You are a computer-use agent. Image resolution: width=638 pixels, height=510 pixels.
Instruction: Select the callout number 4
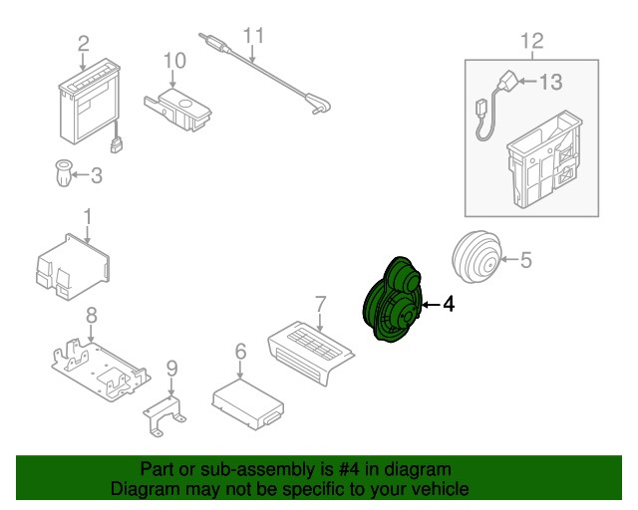[x=448, y=305]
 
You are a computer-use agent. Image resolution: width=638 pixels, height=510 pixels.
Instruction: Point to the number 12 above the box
[x=532, y=41]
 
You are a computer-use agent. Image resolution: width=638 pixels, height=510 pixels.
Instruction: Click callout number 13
[x=551, y=82]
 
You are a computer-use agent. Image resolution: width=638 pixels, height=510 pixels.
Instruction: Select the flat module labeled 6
[x=245, y=400]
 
